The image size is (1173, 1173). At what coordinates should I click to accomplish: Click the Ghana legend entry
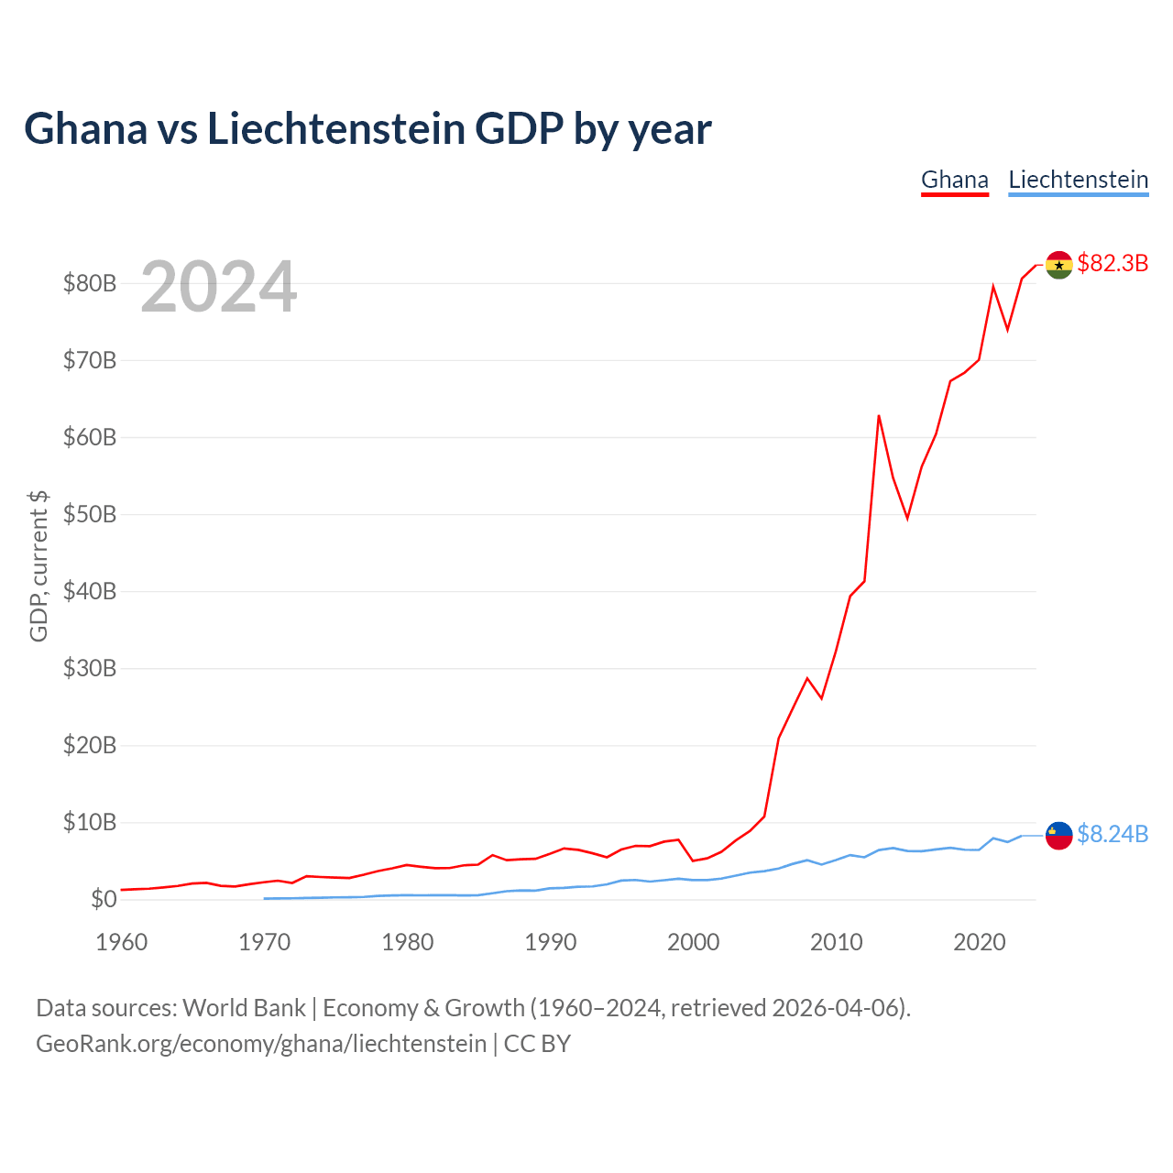(x=955, y=181)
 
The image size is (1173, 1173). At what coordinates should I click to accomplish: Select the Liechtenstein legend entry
(x=1078, y=181)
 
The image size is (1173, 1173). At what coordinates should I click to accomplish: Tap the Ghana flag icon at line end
(x=1058, y=265)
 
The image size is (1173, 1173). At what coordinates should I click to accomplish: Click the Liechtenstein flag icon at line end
(x=1058, y=835)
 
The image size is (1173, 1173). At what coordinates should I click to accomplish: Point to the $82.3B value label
(x=1113, y=263)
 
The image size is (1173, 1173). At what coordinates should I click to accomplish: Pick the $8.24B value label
(x=1113, y=834)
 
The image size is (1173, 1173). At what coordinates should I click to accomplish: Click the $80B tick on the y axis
(x=90, y=284)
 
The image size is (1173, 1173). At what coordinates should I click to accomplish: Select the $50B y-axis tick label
(x=90, y=515)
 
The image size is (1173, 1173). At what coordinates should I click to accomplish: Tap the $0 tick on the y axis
(x=104, y=899)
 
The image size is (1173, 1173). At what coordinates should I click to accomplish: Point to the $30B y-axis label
(x=90, y=668)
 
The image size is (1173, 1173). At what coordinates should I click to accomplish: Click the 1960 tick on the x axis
(x=122, y=942)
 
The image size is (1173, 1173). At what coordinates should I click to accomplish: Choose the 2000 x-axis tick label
(x=694, y=942)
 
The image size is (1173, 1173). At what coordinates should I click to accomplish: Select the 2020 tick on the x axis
(x=980, y=942)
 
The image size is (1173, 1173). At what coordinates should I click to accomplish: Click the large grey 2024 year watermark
(x=219, y=286)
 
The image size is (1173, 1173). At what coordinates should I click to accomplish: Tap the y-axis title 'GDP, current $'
(x=38, y=566)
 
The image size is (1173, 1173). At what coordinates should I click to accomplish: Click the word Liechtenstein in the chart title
(x=336, y=129)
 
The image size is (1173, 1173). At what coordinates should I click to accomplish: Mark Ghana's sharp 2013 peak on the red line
(x=879, y=416)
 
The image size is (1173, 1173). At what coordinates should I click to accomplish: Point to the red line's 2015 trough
(x=907, y=518)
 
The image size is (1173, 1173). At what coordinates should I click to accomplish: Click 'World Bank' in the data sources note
(x=244, y=1009)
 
